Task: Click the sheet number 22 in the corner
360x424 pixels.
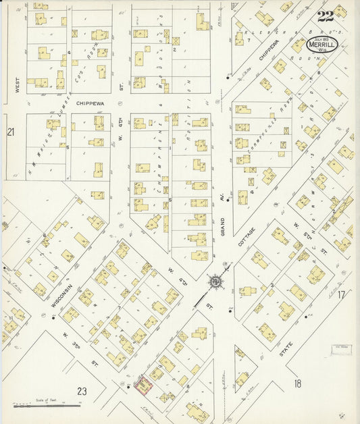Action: click(x=325, y=16)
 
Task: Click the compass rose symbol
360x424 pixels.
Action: click(x=215, y=280)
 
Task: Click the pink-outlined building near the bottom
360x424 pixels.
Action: click(x=142, y=386)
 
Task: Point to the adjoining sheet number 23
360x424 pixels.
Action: click(x=82, y=390)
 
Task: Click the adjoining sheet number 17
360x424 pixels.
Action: click(x=341, y=294)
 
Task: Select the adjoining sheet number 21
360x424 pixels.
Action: click(x=10, y=132)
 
